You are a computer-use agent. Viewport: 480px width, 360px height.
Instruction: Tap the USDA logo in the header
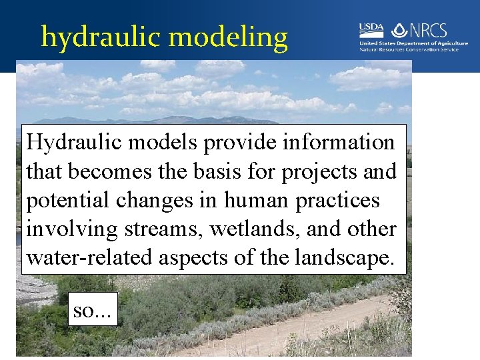coord(371,29)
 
